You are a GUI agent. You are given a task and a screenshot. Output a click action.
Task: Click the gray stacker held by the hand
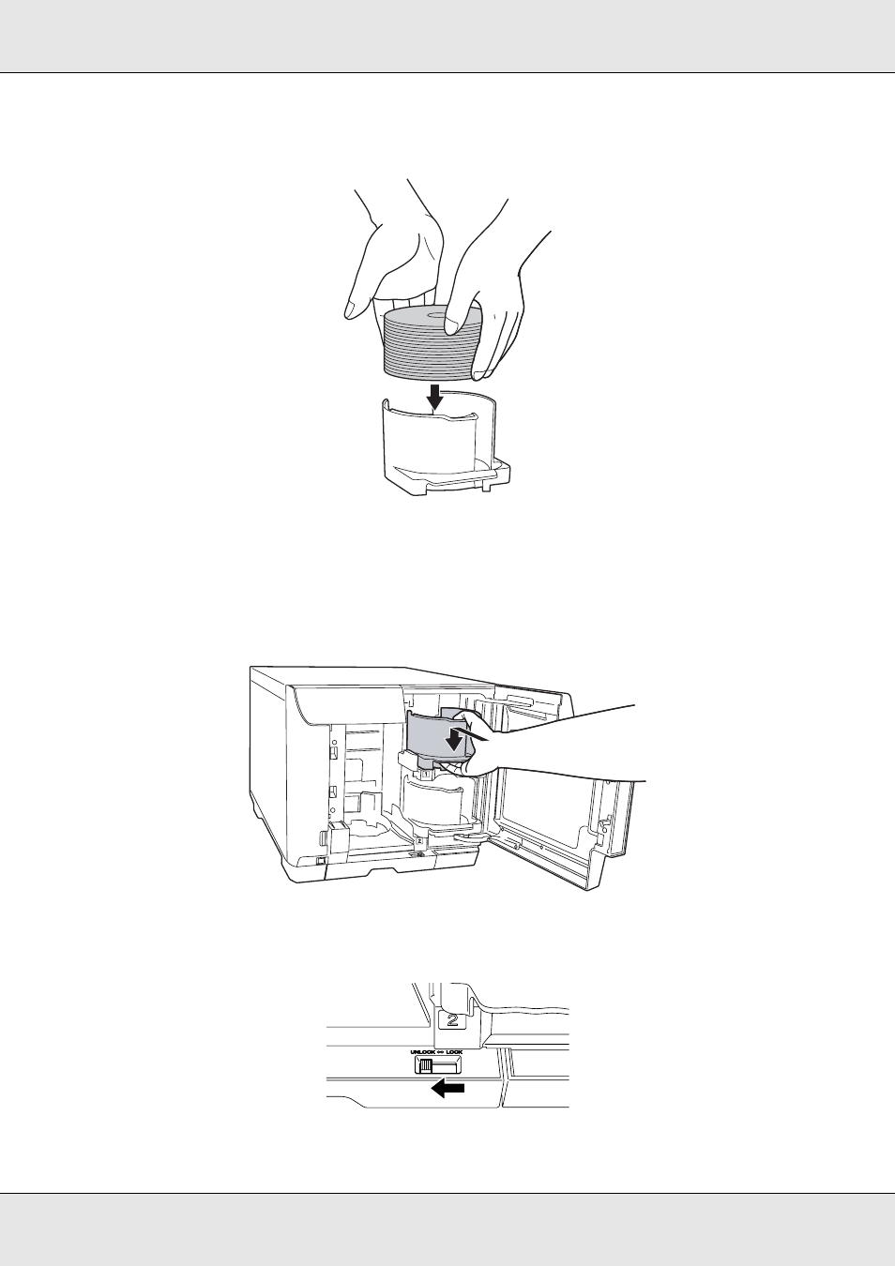[x=435, y=733]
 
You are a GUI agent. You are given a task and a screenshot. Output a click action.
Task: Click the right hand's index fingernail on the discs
[x=452, y=325]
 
